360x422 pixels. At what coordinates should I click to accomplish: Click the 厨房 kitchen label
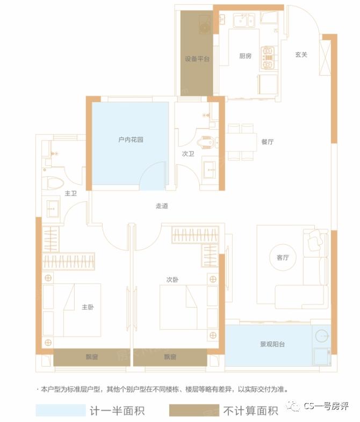[x=246, y=56]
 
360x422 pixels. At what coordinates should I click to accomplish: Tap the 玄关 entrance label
[x=301, y=55]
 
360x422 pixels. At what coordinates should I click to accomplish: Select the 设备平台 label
[x=197, y=59]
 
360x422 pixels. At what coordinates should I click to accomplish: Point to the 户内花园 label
[x=131, y=140]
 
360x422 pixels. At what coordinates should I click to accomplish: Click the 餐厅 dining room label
[x=268, y=142]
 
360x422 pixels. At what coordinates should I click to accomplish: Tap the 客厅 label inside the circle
[x=283, y=258]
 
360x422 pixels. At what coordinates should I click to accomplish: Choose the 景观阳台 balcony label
[x=272, y=344]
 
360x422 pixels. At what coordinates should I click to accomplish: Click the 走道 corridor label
[x=162, y=206]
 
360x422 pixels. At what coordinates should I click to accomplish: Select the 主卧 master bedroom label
[x=88, y=307]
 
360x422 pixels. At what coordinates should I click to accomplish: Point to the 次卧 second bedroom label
[x=172, y=280]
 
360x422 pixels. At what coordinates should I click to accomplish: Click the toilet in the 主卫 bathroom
[x=53, y=183]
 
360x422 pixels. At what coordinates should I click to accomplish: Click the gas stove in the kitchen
[x=268, y=57]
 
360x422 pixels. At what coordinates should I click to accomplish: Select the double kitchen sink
[x=244, y=20]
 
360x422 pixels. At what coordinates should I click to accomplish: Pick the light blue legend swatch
[x=61, y=410]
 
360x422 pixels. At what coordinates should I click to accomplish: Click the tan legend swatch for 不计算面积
[x=194, y=410]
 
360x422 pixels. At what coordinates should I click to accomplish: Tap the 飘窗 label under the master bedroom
[x=92, y=357]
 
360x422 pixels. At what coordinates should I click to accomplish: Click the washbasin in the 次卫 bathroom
[x=210, y=170]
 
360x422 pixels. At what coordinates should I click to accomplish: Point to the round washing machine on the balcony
[x=322, y=336]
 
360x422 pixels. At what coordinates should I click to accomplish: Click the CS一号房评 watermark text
[x=326, y=406]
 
